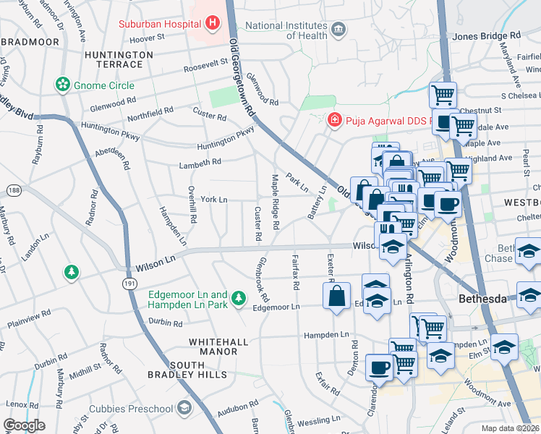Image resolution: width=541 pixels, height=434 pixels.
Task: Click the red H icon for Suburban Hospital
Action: [212, 22]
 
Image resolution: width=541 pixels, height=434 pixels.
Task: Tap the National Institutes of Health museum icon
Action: [338, 30]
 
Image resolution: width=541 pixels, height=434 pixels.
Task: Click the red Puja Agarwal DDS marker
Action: [334, 119]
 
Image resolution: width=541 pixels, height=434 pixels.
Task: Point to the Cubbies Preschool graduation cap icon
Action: [184, 408]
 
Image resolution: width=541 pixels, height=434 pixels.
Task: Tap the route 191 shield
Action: [129, 284]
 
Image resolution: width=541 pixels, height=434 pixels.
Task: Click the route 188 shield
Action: [13, 190]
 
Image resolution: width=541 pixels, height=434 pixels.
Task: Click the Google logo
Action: [25, 425]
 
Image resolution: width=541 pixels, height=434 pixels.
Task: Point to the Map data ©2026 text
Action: [511, 428]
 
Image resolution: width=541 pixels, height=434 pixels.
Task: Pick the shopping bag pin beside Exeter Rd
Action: [337, 297]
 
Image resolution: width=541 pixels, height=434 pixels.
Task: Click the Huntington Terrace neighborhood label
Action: [119, 59]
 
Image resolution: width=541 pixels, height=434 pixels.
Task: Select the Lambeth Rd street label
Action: [200, 163]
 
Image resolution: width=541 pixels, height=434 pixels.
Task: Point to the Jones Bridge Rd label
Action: [486, 35]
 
